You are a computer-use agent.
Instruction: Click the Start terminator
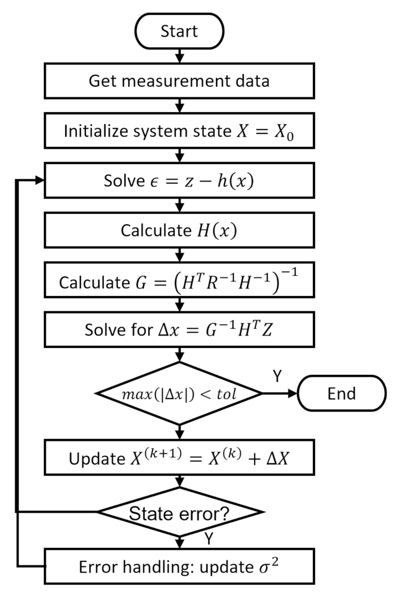tap(179, 31)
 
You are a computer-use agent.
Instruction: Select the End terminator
tap(341, 393)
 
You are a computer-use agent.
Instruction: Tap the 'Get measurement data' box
tap(179, 81)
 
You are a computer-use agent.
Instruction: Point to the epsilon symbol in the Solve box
tap(154, 182)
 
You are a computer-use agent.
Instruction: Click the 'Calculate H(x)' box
tap(179, 230)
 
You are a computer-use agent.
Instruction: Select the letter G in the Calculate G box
tap(141, 283)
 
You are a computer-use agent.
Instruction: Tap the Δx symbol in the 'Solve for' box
tap(169, 330)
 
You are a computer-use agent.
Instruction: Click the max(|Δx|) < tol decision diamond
tap(179, 394)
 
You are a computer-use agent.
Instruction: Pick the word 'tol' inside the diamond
tap(226, 394)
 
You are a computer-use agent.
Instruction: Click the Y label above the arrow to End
tap(278, 375)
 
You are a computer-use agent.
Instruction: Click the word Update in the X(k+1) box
tap(97, 459)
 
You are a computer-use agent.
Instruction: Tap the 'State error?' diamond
tap(179, 513)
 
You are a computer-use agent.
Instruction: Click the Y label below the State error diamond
tap(209, 538)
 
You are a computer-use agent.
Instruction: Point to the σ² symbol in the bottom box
tap(269, 567)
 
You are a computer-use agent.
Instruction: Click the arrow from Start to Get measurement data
tap(179, 56)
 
